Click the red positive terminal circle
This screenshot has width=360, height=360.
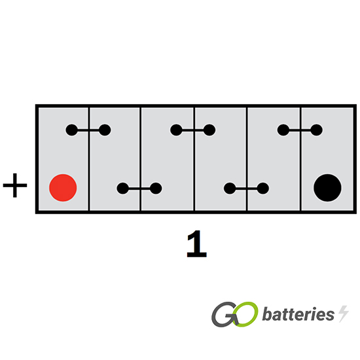click(63, 188)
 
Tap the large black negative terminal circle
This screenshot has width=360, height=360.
click(327, 188)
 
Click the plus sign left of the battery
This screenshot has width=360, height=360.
click(15, 185)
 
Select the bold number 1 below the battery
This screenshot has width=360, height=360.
click(197, 244)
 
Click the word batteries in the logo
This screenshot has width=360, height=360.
click(298, 314)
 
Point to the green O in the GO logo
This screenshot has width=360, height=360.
click(245, 314)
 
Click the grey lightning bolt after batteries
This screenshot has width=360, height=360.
click(344, 314)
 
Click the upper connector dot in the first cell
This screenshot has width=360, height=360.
click(71, 130)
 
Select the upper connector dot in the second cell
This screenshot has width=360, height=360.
click(105, 130)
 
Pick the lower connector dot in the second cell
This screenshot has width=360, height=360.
click(123, 189)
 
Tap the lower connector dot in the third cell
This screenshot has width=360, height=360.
click(156, 189)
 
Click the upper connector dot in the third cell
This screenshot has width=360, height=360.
click(176, 130)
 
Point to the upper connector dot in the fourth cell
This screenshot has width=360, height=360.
click(209, 130)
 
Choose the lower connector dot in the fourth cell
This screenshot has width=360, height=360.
click(230, 189)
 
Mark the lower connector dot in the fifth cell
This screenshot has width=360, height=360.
click(263, 189)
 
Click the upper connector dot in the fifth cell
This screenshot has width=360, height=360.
click(283, 130)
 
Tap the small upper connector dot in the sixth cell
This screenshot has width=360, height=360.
click(317, 130)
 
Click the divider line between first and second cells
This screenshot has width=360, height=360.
click(88, 159)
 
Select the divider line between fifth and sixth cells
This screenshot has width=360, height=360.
click(300, 159)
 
